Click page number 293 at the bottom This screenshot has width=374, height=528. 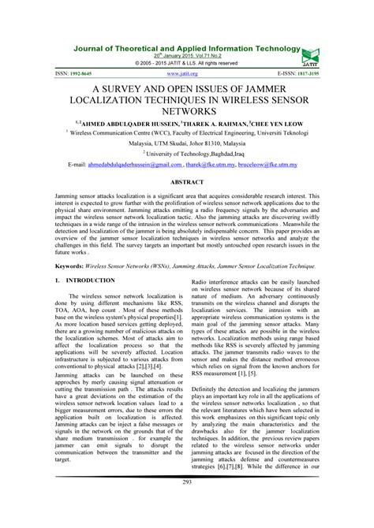[187, 504]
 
